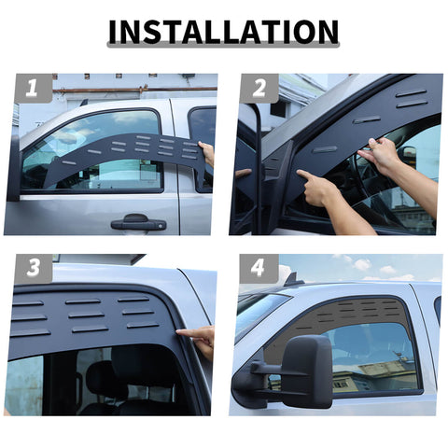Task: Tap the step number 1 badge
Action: tap(32, 89)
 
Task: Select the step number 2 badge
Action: tap(259, 89)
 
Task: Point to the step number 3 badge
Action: tap(32, 269)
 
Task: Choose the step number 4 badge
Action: tap(259, 269)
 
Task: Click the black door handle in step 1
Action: tap(138, 222)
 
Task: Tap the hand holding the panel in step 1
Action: tap(207, 152)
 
